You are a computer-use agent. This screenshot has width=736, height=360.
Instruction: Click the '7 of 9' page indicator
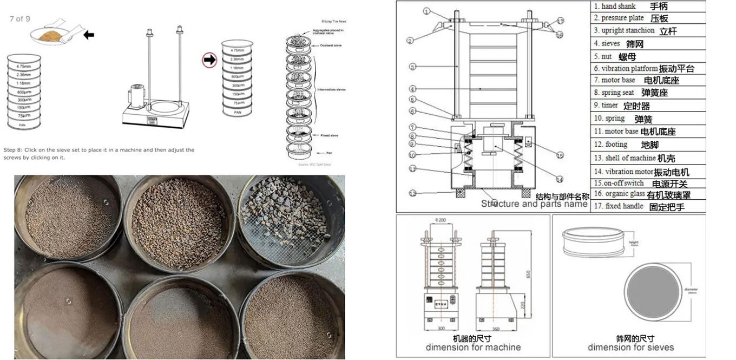(x=20, y=18)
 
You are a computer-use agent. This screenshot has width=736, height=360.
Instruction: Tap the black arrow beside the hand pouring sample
(x=89, y=35)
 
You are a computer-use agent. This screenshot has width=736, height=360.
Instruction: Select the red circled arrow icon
(x=209, y=60)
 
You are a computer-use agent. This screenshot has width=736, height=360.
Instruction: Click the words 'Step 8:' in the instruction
(x=17, y=150)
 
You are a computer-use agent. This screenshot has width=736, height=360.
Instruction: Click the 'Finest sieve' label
(x=329, y=135)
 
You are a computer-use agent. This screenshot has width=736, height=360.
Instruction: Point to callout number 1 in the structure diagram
(x=426, y=11)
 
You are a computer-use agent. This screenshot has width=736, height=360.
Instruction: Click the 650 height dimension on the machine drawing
(x=535, y=274)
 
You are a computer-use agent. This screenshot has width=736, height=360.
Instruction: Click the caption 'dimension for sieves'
(x=630, y=347)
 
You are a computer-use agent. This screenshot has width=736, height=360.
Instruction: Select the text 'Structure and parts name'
(x=534, y=204)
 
